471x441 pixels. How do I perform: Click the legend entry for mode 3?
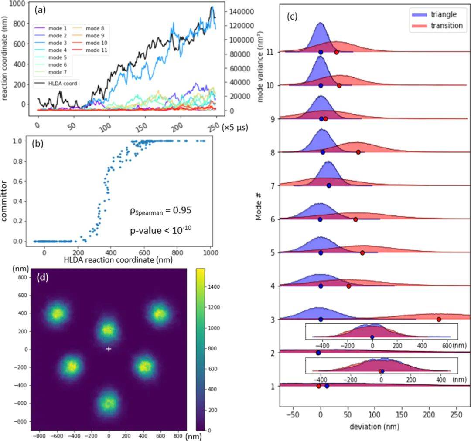51,43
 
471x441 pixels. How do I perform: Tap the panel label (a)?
40,10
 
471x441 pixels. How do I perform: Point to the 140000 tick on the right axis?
242,12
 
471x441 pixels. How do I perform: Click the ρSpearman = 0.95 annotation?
160,211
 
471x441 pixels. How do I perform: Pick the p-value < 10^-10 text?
160,230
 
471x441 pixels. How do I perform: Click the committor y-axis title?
4,201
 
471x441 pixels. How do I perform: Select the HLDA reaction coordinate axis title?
118,259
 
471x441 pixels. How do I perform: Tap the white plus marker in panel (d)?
109,349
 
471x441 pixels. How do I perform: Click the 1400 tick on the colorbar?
214,287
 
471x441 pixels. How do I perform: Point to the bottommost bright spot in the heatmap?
109,403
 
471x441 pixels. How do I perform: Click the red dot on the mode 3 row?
439,319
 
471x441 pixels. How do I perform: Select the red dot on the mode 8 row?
358,152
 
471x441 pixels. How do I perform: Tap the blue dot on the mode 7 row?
329,185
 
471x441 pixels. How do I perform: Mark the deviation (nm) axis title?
374,426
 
